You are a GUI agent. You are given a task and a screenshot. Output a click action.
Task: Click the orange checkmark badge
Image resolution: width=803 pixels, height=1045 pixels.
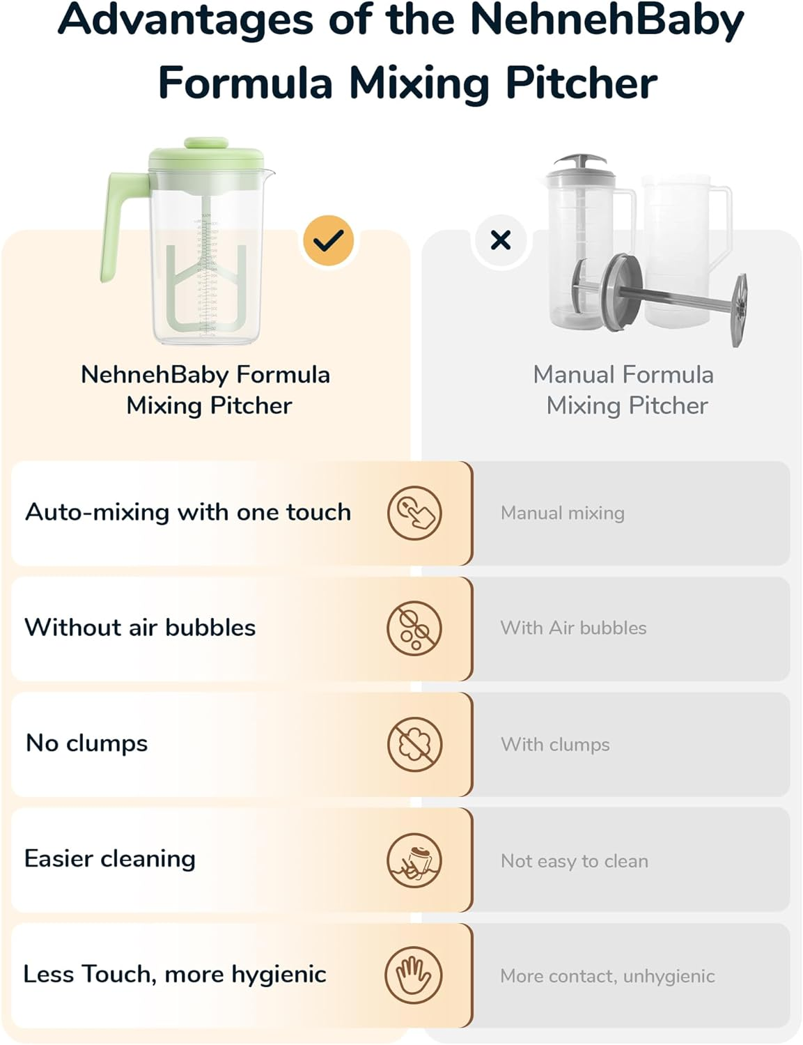tap(328, 240)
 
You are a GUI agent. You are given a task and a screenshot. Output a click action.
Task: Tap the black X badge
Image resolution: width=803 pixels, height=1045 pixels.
tap(501, 240)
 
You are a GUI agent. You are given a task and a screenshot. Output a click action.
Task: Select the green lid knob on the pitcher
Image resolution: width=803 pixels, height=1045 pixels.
tap(206, 144)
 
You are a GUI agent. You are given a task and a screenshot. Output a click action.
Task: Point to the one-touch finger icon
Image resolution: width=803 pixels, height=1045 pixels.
tap(414, 513)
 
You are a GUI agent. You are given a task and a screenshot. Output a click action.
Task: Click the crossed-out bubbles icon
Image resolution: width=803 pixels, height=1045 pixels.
tap(414, 628)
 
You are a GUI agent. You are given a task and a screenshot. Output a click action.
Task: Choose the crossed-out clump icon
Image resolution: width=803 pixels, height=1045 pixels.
tap(414, 745)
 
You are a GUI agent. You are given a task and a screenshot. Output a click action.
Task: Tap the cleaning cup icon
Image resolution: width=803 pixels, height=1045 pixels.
tap(414, 860)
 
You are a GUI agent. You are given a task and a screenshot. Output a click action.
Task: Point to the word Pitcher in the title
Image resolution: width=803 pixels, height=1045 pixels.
tap(581, 84)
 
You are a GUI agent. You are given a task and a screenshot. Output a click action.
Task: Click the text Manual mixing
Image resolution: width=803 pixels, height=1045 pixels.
tap(562, 513)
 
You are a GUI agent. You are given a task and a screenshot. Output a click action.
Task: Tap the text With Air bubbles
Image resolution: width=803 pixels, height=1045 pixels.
tap(573, 628)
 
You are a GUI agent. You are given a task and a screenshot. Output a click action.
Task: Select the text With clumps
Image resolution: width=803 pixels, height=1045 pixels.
tap(555, 745)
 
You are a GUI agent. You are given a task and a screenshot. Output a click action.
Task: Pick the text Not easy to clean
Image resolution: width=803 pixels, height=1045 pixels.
tap(574, 861)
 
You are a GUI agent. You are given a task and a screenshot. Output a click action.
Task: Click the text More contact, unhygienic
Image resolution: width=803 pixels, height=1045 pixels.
tap(607, 976)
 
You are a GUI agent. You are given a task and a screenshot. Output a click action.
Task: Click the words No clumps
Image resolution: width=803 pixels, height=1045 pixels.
tap(86, 743)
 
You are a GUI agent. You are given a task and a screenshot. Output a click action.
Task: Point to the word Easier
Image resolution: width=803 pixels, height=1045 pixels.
tap(59, 858)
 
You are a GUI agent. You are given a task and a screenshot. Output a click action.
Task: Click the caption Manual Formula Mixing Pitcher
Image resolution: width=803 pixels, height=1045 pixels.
tap(624, 390)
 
